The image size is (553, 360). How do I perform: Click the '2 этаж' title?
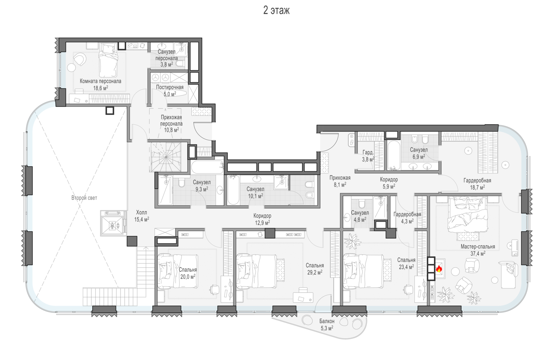click(x=276, y=10)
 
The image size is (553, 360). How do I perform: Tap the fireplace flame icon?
click(x=439, y=269)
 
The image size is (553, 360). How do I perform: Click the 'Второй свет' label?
click(x=84, y=198)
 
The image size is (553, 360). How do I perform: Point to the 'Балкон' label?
click(x=327, y=321)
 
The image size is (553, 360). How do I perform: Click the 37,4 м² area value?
click(x=478, y=254)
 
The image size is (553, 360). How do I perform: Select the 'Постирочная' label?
click(x=170, y=87)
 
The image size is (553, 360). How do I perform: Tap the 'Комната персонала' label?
click(x=101, y=81)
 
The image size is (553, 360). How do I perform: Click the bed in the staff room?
click(x=108, y=60)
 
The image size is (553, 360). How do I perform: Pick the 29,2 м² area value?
click(x=315, y=272)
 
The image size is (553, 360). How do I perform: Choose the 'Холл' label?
click(x=142, y=213)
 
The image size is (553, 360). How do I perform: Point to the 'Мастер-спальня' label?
click(x=478, y=247)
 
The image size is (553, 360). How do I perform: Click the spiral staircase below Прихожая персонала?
click(x=166, y=157)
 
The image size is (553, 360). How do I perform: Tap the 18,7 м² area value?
click(x=477, y=188)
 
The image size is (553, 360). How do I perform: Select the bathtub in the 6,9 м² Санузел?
click(x=394, y=155)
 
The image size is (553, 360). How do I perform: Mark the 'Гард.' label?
click(x=368, y=153)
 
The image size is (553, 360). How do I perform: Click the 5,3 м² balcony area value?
click(x=327, y=328)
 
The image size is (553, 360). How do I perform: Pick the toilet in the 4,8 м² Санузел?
click(x=362, y=204)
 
